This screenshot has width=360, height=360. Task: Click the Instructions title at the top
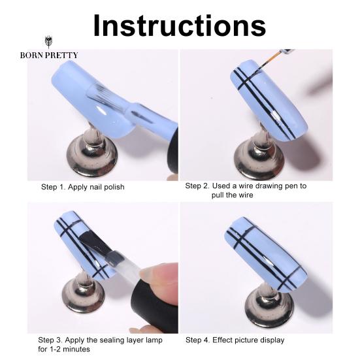[x=180, y=25]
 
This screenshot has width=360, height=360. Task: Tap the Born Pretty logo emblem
[x=48, y=42]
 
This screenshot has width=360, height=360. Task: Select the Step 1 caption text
[x=82, y=187]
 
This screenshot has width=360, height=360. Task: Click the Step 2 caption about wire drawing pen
[x=246, y=190]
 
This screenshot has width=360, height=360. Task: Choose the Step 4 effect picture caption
[x=235, y=340]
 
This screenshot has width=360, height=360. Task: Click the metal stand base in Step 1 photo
[x=92, y=159]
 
